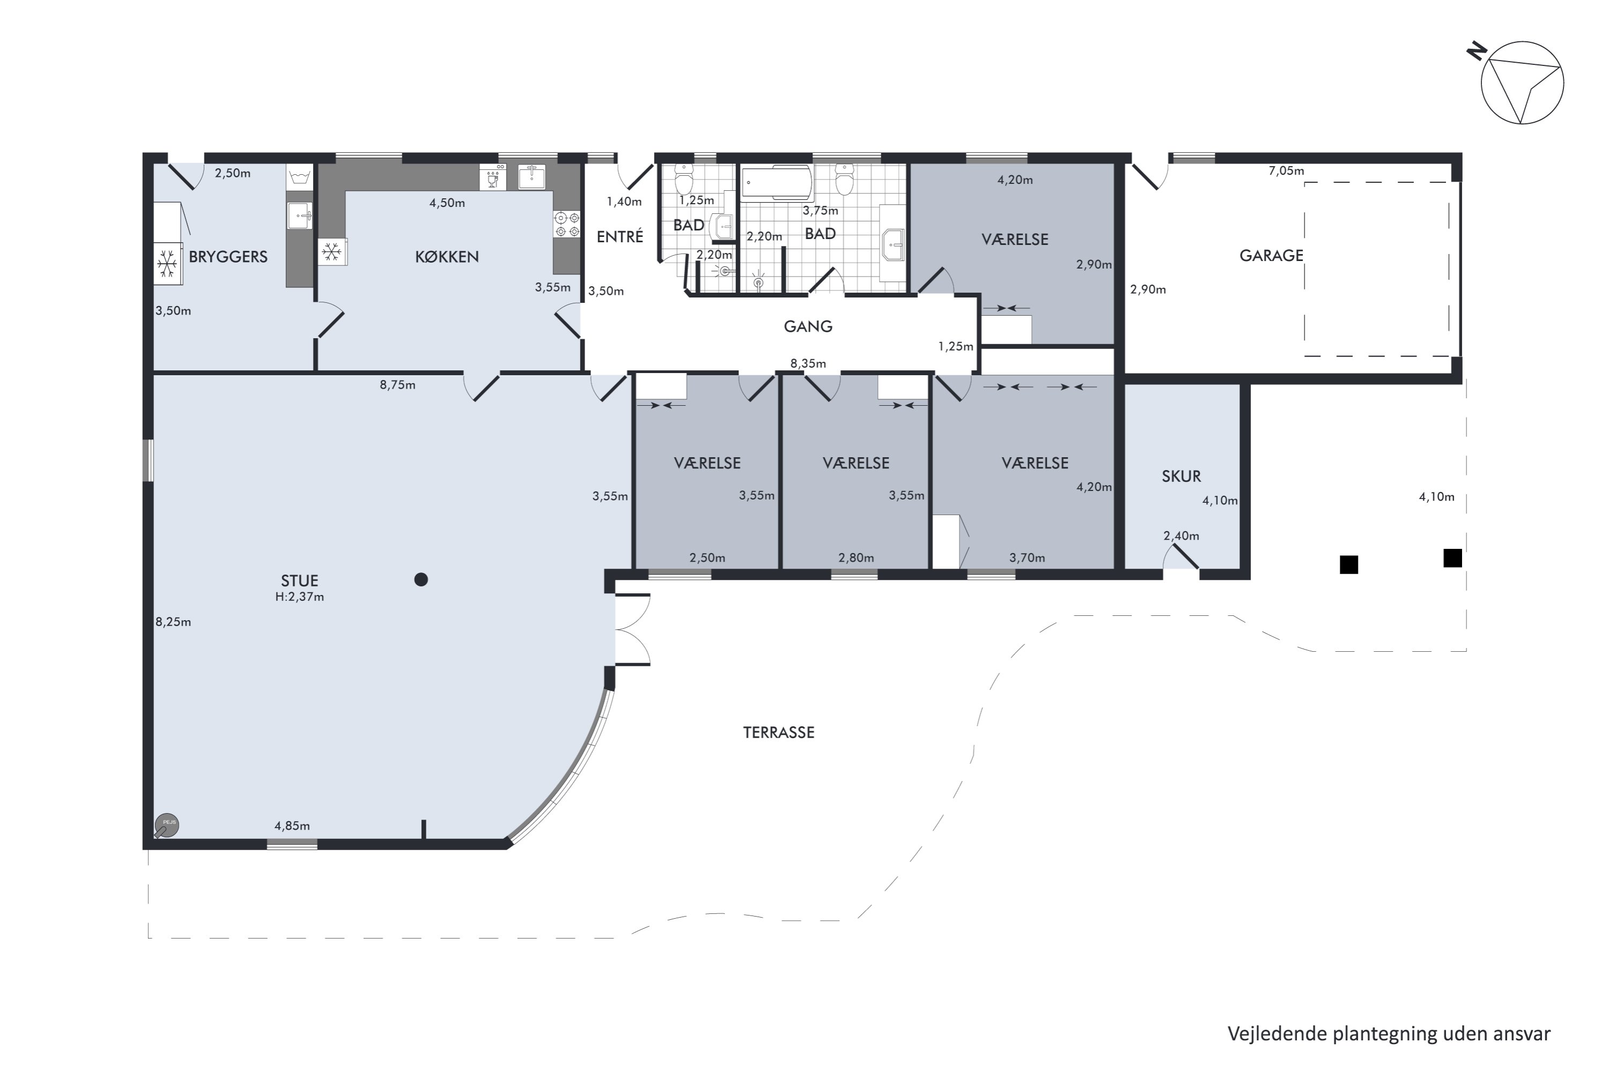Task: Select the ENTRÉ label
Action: (620, 236)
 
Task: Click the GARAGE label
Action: (1271, 256)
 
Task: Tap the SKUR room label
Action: (1182, 477)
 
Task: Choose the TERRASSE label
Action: (779, 733)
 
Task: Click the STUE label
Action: (300, 581)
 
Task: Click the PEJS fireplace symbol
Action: (166, 826)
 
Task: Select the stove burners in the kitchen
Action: (567, 224)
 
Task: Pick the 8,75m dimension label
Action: (397, 385)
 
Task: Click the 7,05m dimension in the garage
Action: (1286, 171)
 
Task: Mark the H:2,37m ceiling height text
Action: (300, 597)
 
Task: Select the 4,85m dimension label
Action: (292, 826)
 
